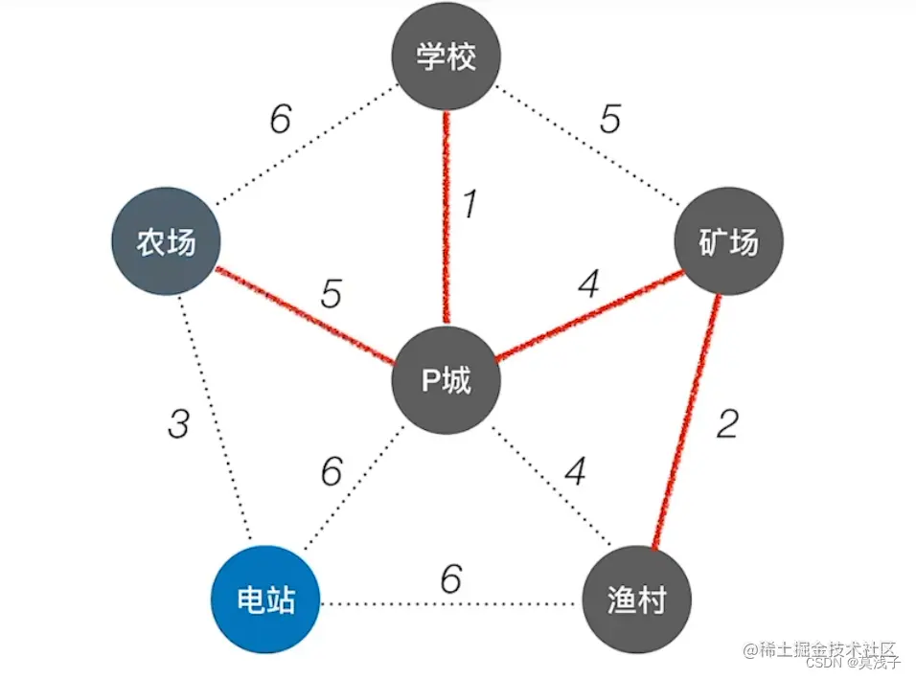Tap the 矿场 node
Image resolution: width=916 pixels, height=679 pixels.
pos(729,241)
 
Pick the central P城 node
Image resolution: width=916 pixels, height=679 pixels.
pos(446,381)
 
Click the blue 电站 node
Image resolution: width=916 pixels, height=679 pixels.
pos(265,600)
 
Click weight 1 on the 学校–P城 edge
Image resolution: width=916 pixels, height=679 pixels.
pos(469,205)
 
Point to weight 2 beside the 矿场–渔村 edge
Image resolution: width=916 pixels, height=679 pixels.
pos(727,422)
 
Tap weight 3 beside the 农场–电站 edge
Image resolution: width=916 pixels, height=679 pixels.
pos(178,424)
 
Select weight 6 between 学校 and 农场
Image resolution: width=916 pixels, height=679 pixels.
pos(280,122)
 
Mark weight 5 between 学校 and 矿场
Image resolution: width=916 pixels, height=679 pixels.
pos(610,121)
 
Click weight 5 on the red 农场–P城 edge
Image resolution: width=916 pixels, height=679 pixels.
pos(331,295)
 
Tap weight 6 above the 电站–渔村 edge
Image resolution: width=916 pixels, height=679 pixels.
pos(451,578)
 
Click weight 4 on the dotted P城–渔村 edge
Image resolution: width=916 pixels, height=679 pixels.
pos(575,471)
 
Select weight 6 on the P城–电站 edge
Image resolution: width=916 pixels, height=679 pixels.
pos(332,471)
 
